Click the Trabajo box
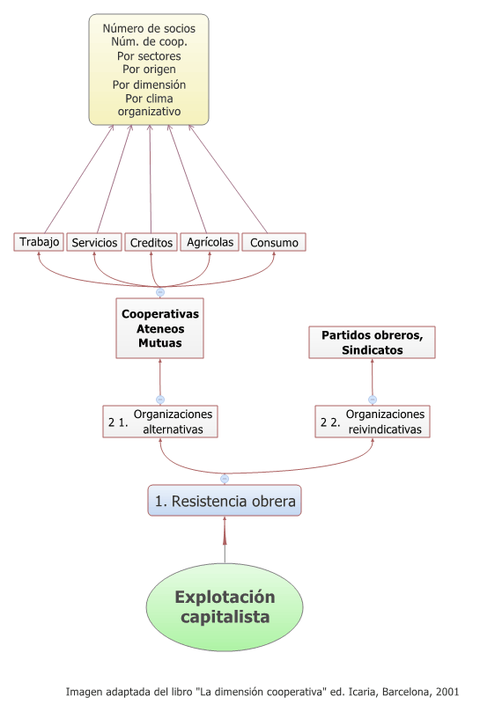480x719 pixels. coord(39,242)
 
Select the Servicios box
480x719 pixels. coord(94,242)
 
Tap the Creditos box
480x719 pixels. coord(151,242)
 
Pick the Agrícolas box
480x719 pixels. coord(210,242)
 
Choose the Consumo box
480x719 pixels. coord(274,242)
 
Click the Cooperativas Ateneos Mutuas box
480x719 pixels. coord(159,328)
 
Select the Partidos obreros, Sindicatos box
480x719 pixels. coord(373,342)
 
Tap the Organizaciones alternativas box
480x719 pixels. coord(160,422)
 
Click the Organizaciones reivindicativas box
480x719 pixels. coord(373,422)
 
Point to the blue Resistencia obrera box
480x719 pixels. coord(225,500)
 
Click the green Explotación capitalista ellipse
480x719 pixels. coord(225,606)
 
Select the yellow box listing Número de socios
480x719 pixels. coord(149,70)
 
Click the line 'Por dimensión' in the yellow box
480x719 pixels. coord(149,84)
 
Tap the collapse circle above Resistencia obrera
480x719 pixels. coord(225,479)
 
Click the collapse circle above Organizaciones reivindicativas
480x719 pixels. coord(373,400)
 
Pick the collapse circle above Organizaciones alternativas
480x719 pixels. coord(160,400)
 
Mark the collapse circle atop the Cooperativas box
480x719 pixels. coord(160,292)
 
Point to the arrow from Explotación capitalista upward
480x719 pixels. coord(225,539)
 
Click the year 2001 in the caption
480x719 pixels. coord(447,692)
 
